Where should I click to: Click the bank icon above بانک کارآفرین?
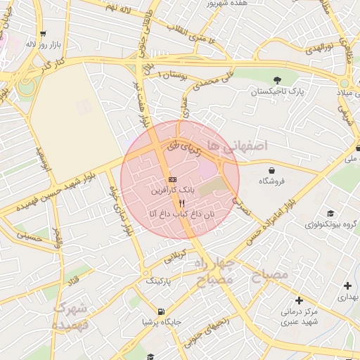(173, 181)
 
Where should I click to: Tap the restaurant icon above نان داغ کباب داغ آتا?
(182, 203)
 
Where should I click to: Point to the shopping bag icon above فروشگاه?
(271, 170)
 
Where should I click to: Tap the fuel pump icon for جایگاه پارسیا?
(162, 311)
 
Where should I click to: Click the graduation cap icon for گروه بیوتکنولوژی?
(330, 214)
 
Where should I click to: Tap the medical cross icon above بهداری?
(347, 285)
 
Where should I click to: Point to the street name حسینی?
(29, 238)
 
